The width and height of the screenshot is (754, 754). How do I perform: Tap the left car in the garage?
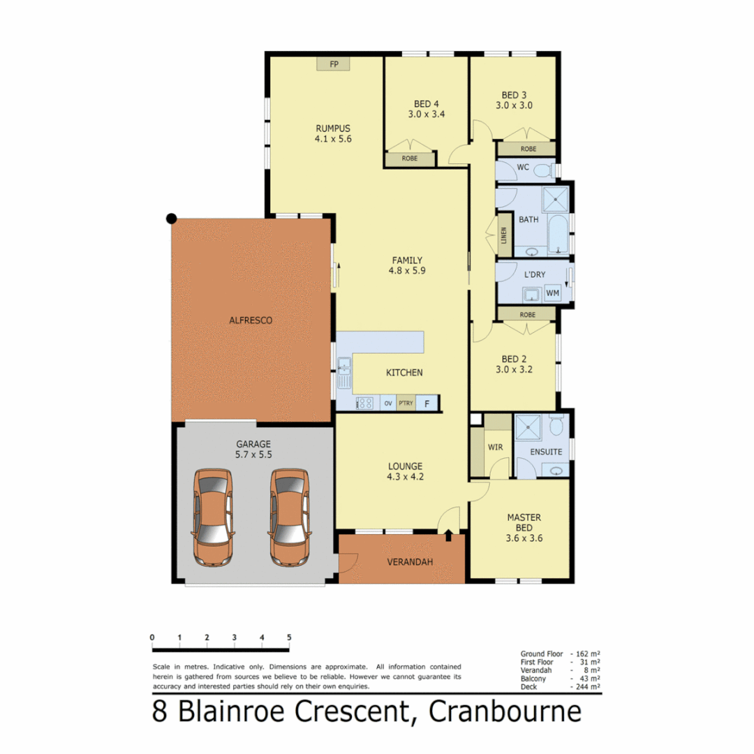(214, 517)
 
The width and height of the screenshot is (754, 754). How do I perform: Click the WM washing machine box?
(552, 293)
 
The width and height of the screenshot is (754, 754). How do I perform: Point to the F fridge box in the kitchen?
(427, 403)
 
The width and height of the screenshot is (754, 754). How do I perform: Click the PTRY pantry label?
(406, 403)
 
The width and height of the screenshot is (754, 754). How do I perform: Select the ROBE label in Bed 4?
(410, 159)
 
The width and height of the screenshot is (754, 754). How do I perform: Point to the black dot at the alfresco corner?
(171, 219)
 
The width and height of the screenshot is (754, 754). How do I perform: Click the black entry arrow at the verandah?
(448, 535)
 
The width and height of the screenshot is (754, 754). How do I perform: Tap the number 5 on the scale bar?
(289, 637)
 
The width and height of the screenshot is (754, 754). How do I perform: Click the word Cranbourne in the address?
(505, 712)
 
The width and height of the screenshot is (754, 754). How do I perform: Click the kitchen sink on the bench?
(343, 373)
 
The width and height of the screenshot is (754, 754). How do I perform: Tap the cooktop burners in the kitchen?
(364, 403)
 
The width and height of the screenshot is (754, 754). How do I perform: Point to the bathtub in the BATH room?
(559, 235)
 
